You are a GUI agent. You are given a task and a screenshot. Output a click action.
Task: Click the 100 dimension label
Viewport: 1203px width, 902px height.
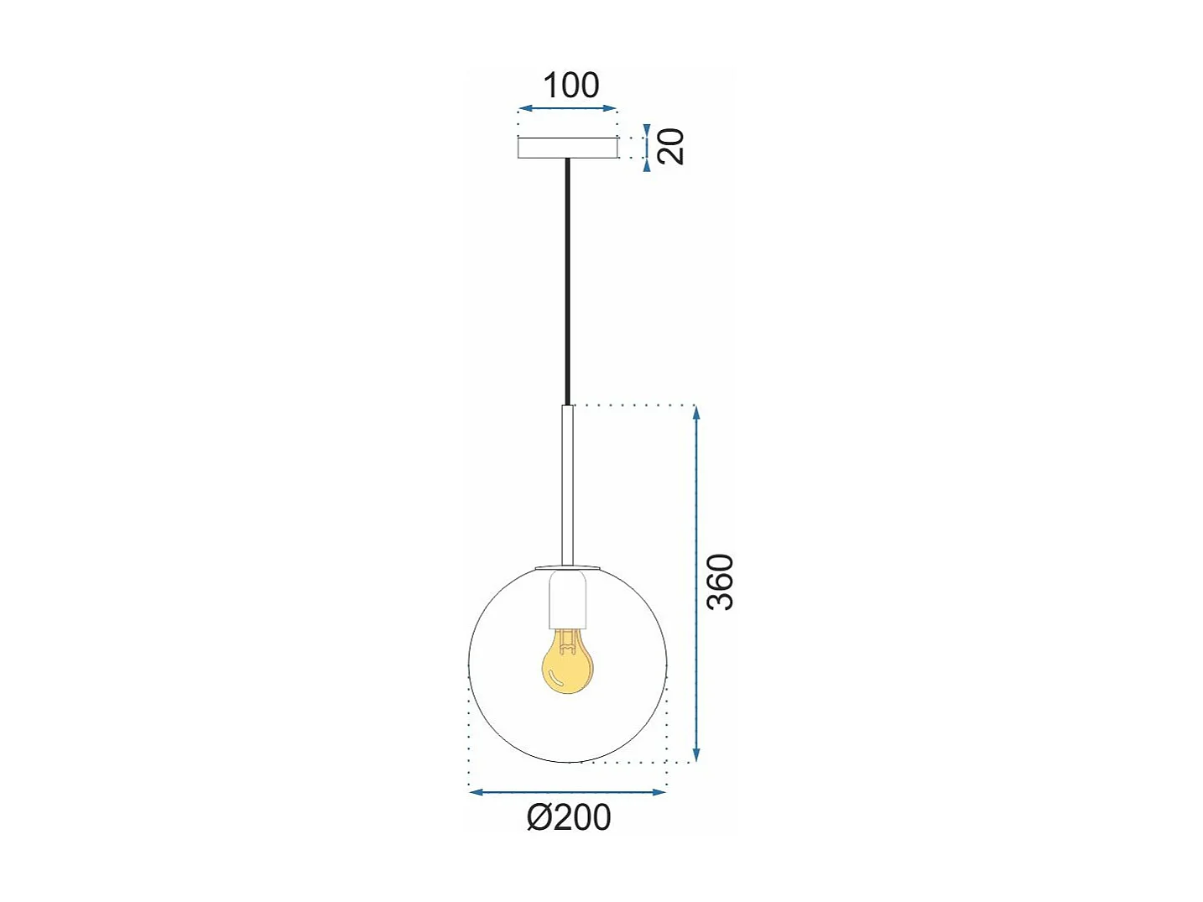tap(570, 86)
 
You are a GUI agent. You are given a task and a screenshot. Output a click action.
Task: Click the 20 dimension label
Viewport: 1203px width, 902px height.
tap(670, 147)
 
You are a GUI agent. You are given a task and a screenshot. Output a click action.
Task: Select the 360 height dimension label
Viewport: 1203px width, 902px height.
tap(720, 581)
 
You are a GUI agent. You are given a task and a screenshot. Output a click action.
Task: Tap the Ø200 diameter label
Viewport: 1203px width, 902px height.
tap(570, 817)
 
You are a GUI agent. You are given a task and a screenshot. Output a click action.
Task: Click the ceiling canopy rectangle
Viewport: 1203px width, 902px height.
tap(567, 148)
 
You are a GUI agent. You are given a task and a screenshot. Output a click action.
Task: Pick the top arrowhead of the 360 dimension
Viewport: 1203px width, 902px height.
tap(695, 411)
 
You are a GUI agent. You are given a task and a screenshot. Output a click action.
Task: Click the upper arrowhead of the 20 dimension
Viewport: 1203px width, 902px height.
tap(647, 129)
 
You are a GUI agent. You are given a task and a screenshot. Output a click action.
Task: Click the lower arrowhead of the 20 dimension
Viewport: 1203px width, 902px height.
tap(647, 165)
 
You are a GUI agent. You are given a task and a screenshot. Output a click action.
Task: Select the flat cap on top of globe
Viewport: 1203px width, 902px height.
tap(568, 566)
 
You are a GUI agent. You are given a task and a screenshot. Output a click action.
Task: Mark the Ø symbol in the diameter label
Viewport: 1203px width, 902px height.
tap(539, 818)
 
